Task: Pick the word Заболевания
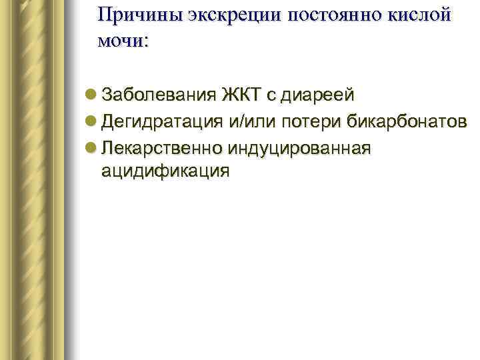159,95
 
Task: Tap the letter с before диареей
271,96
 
